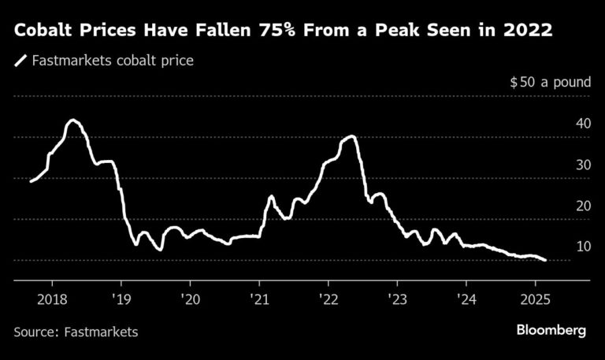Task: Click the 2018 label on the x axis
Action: [51, 299]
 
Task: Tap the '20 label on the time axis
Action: [190, 299]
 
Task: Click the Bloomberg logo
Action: [551, 331]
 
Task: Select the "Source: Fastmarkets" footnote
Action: [76, 332]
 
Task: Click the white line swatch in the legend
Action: [20, 60]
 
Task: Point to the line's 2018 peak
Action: [72, 121]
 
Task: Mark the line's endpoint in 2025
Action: [545, 260]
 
